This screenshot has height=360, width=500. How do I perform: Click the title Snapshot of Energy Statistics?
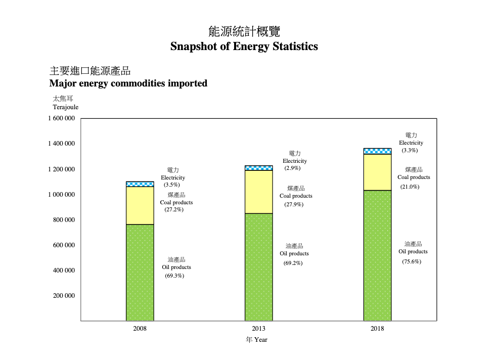click(x=244, y=47)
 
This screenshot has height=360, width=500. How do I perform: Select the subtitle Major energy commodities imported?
click(x=128, y=83)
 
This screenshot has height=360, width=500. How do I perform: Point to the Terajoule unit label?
click(x=66, y=107)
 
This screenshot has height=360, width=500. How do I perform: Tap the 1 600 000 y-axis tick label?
click(x=62, y=119)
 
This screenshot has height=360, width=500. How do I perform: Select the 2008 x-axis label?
click(x=140, y=329)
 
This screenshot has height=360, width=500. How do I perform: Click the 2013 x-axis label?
click(x=258, y=329)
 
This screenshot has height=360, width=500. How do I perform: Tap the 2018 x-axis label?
click(x=377, y=329)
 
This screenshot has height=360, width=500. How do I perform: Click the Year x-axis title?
click(x=257, y=340)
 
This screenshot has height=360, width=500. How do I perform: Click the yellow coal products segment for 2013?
click(x=258, y=192)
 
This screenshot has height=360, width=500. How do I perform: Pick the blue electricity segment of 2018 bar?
click(x=377, y=151)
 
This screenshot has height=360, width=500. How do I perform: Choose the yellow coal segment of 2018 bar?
click(x=377, y=172)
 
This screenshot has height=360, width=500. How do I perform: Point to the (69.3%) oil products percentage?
click(x=174, y=276)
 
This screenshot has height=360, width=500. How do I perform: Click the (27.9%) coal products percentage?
click(x=294, y=205)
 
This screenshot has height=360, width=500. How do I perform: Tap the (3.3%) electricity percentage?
click(x=410, y=151)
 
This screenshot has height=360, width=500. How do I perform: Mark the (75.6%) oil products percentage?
click(x=412, y=262)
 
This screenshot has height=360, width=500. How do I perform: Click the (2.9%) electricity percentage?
click(x=292, y=168)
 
